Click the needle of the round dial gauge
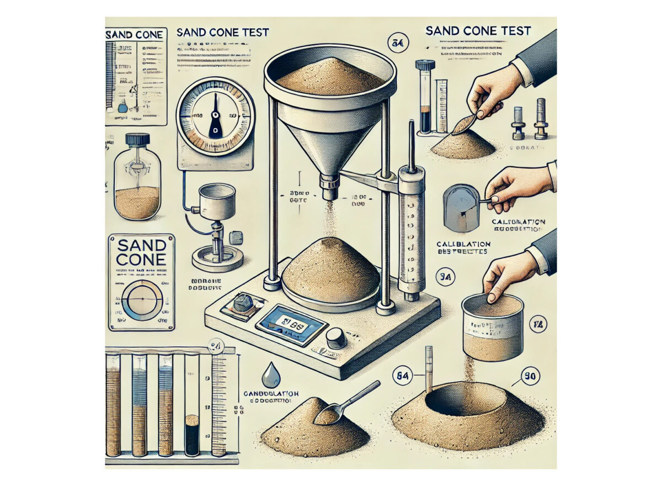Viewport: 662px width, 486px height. (215, 122)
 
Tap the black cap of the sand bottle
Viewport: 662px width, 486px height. (137, 140)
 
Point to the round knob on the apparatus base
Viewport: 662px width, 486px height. (336, 337)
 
